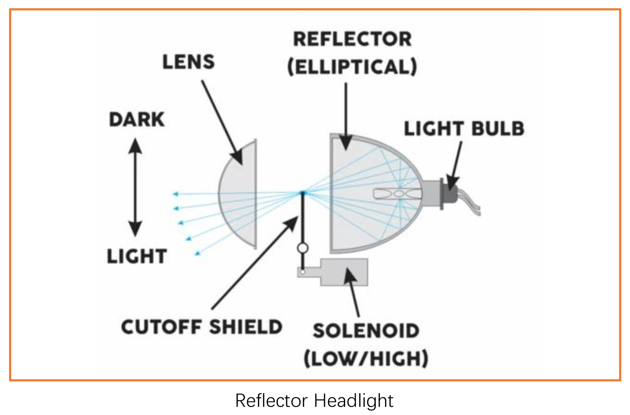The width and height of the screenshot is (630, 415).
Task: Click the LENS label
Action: pyautogui.click(x=188, y=62)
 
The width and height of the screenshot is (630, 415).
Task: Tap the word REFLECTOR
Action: pyautogui.click(x=352, y=39)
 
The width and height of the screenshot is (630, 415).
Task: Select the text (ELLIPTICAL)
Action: pyautogui.click(x=352, y=67)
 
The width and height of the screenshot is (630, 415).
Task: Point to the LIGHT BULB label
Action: pyautogui.click(x=464, y=128)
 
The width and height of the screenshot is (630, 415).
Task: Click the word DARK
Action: pyautogui.click(x=137, y=120)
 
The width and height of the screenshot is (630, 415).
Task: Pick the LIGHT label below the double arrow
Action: pyautogui.click(x=137, y=256)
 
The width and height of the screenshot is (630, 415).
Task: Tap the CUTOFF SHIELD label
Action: pyautogui.click(x=202, y=327)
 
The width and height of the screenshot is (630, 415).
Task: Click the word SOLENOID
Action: pyautogui.click(x=366, y=331)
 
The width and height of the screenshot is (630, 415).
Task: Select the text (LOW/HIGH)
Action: pyautogui.click(x=366, y=359)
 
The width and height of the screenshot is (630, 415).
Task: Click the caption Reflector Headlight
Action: pyautogui.click(x=314, y=401)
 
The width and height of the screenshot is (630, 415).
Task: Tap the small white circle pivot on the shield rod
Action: pyautogui.click(x=302, y=248)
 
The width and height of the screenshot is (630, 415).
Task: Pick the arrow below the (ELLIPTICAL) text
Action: pyautogui.click(x=346, y=115)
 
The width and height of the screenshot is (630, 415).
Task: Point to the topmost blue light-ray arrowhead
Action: pyautogui.click(x=176, y=194)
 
